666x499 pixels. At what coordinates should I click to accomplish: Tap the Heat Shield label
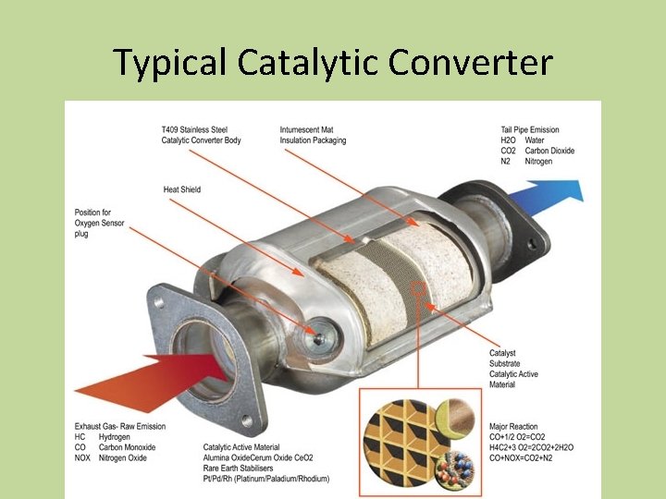click(181, 189)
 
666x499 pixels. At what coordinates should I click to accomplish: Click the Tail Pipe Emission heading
click(530, 129)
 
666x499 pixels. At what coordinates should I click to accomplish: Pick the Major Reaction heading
click(514, 427)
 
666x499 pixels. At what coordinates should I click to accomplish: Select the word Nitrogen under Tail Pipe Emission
click(538, 162)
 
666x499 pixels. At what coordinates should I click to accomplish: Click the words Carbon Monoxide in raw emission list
click(130, 447)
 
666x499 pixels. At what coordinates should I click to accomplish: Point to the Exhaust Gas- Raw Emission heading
click(120, 427)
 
